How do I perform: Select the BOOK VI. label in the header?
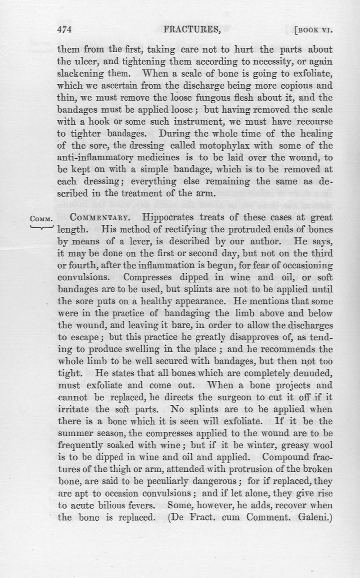point(315,31)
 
